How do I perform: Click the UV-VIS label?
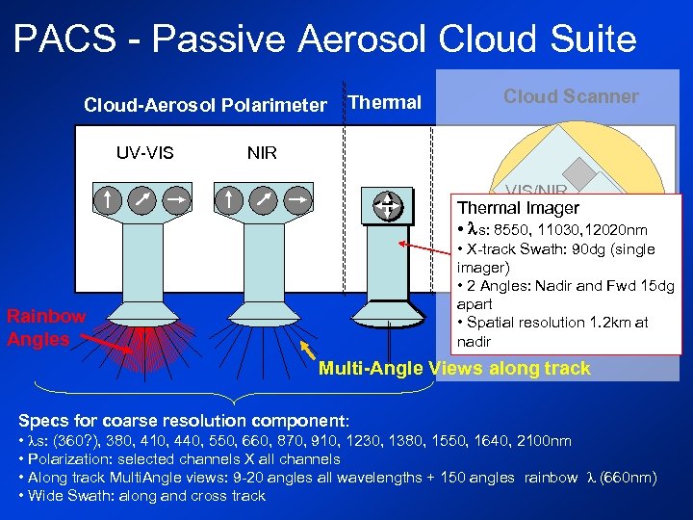pos(144,152)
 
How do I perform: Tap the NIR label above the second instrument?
pos(262,152)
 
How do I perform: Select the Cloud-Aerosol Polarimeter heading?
pos(205,105)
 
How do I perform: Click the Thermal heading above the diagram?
pos(385,102)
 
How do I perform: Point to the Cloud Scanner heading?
pos(571,96)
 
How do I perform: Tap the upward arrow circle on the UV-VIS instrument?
pos(109,200)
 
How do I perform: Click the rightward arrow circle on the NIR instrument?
pos(298,200)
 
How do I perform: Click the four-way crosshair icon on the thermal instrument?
pos(387,204)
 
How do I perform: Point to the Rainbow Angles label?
pos(45,327)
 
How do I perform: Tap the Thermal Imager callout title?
pos(518,208)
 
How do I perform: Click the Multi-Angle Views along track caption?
pos(454,368)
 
